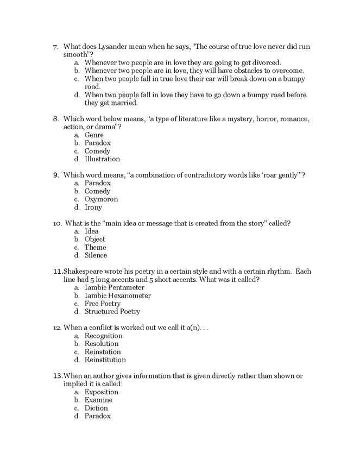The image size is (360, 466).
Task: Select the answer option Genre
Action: pos(94,135)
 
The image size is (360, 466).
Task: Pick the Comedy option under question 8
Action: pos(97,151)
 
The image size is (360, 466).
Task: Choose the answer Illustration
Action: pos(102,159)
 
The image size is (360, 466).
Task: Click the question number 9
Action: pos(56,175)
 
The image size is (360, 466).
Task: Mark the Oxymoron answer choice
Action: pos(101,199)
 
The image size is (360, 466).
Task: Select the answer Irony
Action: pos(93,207)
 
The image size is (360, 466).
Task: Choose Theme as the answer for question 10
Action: pos(95,247)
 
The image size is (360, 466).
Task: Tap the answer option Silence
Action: pos(96,255)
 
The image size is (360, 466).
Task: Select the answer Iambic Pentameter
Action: pos(114,287)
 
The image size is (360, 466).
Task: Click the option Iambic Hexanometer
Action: pos(117,295)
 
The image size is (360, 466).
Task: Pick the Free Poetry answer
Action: pos(102,304)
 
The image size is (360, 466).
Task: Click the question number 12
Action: pos(57,328)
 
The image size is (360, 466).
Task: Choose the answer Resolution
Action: pos(102,344)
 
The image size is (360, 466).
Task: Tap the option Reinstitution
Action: pos(105,360)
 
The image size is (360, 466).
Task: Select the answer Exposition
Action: pos(101,392)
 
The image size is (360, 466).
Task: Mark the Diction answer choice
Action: pos(96,408)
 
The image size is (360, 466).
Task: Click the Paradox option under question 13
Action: pos(97,416)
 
